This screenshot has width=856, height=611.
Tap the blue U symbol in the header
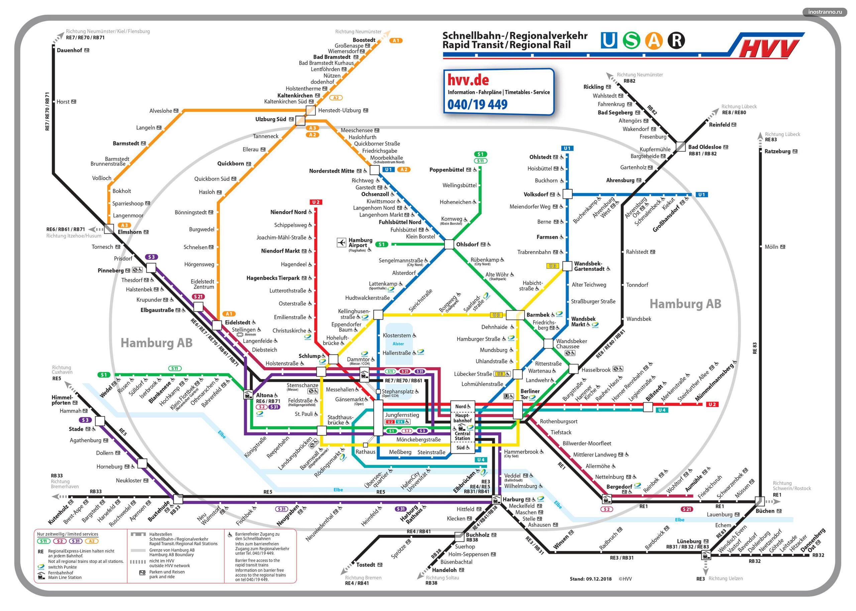(608, 40)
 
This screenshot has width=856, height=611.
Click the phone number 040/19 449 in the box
(477, 104)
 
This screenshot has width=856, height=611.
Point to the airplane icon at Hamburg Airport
(341, 242)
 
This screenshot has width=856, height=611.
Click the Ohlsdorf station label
(467, 244)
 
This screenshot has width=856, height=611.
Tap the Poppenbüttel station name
(446, 170)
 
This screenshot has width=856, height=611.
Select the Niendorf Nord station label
(288, 212)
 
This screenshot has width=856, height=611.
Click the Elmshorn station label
(129, 232)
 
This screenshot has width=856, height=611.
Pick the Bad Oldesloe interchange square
(680, 147)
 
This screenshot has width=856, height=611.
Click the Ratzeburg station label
(777, 151)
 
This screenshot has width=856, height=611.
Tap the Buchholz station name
(477, 535)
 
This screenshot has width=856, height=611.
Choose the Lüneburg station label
(689, 541)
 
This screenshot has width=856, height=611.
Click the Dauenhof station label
(69, 50)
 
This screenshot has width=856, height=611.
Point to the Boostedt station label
(363, 40)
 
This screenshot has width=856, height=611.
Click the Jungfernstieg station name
(402, 415)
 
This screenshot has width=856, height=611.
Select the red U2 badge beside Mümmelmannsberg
(712, 405)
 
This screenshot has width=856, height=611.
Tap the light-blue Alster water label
(398, 344)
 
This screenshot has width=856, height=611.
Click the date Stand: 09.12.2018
(590, 579)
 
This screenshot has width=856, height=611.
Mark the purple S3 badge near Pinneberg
(151, 257)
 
